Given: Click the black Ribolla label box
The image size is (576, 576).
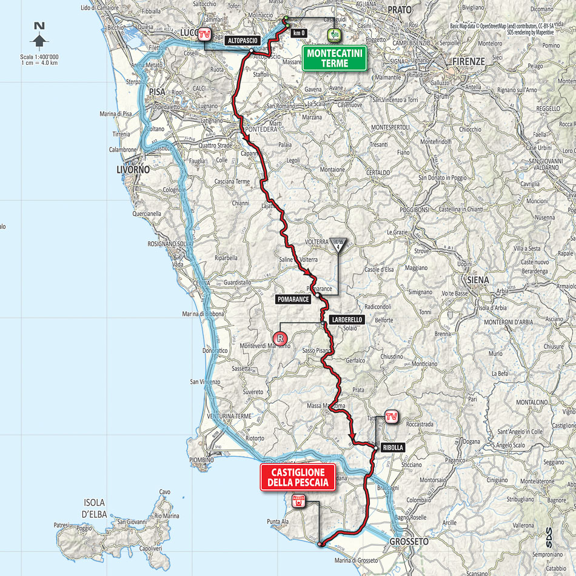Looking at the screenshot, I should pos(393,448).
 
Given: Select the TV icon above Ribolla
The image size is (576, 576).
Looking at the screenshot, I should pos(392,417).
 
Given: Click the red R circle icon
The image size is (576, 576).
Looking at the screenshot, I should pos(280,339).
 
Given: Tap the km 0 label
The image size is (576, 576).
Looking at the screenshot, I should pos(298,33).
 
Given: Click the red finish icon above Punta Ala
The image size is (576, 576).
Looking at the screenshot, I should pos(298,501).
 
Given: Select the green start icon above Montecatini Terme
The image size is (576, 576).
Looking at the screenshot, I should pos(333,35).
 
